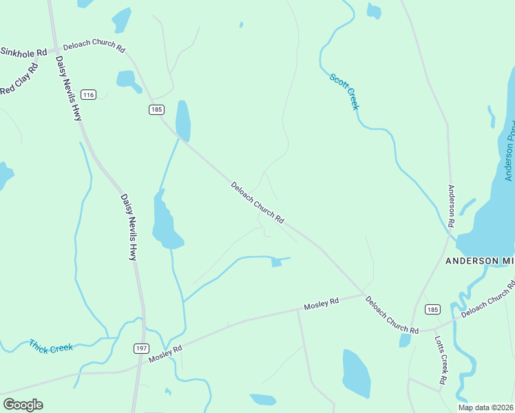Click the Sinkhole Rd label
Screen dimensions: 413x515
coord(23,52)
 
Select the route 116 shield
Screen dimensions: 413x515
coord(87,94)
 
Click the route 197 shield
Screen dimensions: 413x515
coord(140,349)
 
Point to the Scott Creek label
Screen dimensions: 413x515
coord(344,92)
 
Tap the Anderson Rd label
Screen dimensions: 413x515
coord(452,206)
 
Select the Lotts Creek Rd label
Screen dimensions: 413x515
coord(440,360)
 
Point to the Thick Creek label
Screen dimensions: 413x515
coord(51,346)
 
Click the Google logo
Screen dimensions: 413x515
coord(23,405)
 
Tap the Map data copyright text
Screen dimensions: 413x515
coord(486,407)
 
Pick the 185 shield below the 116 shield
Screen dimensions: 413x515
coord(156,109)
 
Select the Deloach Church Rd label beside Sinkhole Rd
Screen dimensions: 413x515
coord(94,48)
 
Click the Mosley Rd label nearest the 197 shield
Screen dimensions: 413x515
coord(165,353)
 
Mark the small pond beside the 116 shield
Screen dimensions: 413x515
coord(128,80)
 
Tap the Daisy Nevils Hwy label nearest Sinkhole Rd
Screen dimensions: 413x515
coord(68,88)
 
